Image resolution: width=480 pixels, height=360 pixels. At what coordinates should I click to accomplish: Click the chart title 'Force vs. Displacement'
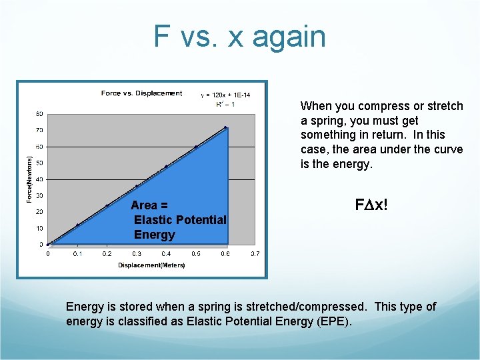(141, 93)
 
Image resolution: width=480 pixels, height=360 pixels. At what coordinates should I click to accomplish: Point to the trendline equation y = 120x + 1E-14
(225, 95)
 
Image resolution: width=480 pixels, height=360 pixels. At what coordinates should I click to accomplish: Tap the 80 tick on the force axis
(40, 114)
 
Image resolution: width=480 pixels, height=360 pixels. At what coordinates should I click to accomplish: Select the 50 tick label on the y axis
(40, 163)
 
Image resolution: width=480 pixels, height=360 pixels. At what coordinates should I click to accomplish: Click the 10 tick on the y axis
(40, 228)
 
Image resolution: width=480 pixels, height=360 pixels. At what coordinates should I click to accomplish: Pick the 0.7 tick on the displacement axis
(255, 253)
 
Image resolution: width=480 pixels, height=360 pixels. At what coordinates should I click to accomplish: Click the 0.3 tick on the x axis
(137, 253)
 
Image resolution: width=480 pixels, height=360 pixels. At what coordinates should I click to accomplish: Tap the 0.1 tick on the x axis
(77, 253)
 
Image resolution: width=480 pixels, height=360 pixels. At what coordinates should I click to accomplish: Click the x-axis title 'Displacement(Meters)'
(151, 265)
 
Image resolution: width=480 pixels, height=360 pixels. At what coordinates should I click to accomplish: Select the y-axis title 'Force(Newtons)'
(29, 180)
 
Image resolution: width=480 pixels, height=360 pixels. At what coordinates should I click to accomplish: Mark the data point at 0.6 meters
(225, 127)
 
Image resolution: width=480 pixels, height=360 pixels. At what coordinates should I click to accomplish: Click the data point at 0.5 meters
(196, 147)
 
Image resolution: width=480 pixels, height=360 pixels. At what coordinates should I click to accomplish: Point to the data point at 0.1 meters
(77, 225)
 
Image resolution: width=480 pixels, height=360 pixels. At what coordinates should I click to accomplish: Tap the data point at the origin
(48, 245)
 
